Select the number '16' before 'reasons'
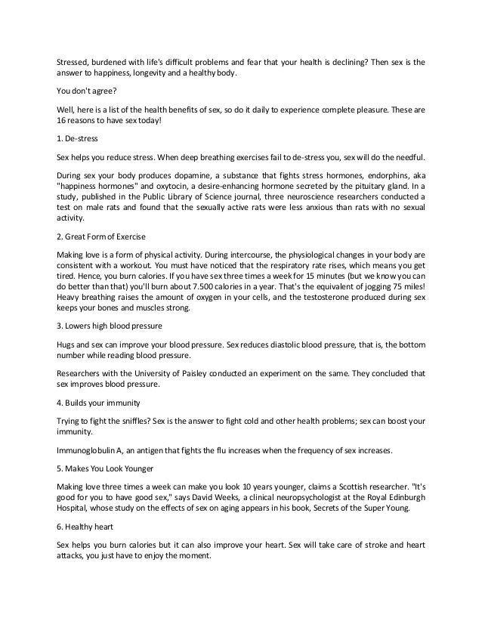(63, 120)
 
